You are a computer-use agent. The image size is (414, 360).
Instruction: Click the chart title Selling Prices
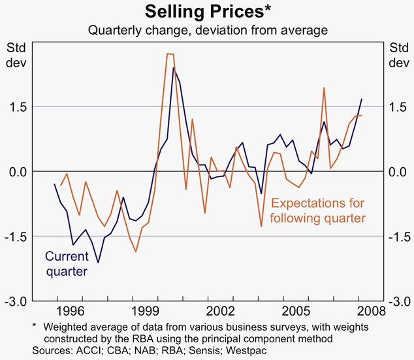click(x=206, y=12)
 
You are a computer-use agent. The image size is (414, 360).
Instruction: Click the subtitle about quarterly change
click(x=207, y=30)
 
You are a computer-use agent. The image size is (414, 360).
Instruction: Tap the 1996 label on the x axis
click(x=71, y=310)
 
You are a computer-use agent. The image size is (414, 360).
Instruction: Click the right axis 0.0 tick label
click(x=398, y=172)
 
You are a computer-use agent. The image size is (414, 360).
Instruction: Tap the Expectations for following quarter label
click(x=317, y=210)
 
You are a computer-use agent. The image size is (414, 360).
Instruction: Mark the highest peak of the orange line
click(x=169, y=54)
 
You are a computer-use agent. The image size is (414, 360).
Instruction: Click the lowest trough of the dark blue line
click(x=98, y=263)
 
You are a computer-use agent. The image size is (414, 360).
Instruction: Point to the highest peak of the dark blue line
click(x=173, y=67)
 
